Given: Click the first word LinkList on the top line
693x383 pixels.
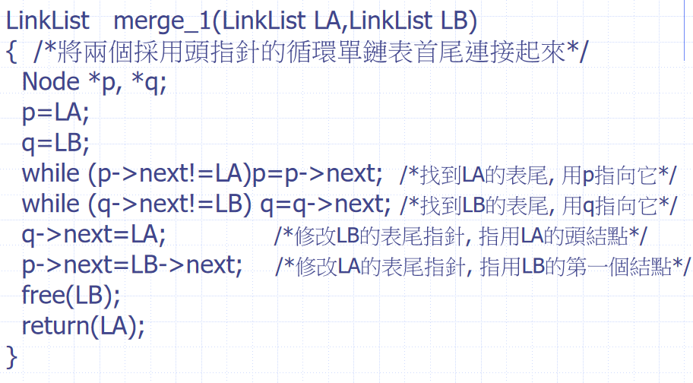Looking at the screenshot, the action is click(47, 22).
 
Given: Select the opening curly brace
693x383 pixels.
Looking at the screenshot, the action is click(11, 52).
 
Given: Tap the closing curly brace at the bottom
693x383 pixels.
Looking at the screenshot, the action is click(11, 355).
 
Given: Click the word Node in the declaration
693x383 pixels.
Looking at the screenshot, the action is click(51, 82).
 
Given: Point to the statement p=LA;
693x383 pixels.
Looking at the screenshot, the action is click(56, 112).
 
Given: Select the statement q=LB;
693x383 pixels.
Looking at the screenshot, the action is click(56, 143).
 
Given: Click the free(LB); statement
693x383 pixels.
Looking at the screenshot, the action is click(71, 295).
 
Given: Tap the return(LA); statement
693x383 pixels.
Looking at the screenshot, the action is click(83, 325).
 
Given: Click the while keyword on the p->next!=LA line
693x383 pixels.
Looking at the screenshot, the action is click(50, 173).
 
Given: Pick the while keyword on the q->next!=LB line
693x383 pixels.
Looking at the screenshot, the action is click(50, 204).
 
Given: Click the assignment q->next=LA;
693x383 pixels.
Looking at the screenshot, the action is click(93, 235).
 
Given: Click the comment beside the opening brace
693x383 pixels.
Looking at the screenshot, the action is click(312, 53).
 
